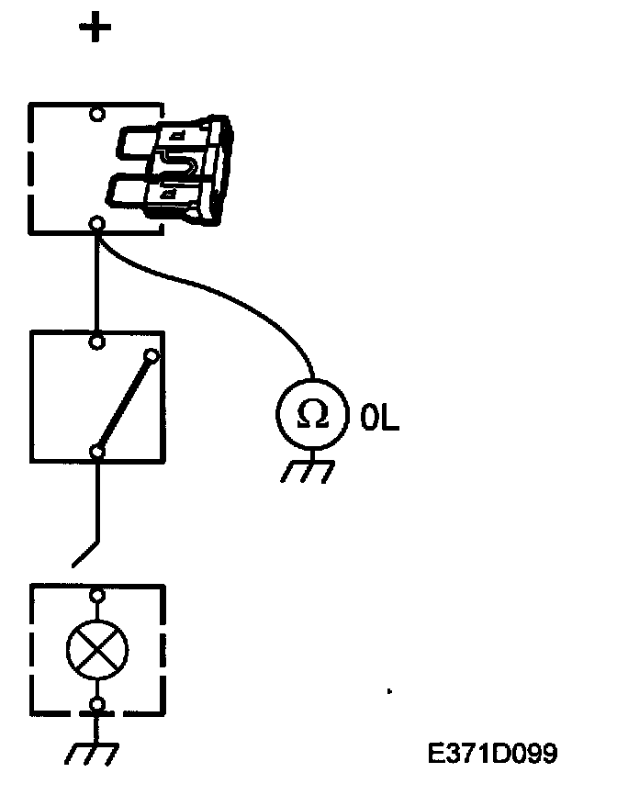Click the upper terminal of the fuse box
(96, 115)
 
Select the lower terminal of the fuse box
(96, 223)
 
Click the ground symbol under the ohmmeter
(307, 470)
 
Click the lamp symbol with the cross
(97, 651)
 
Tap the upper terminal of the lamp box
(96, 595)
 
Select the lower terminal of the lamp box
(96, 706)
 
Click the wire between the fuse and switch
(96, 280)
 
